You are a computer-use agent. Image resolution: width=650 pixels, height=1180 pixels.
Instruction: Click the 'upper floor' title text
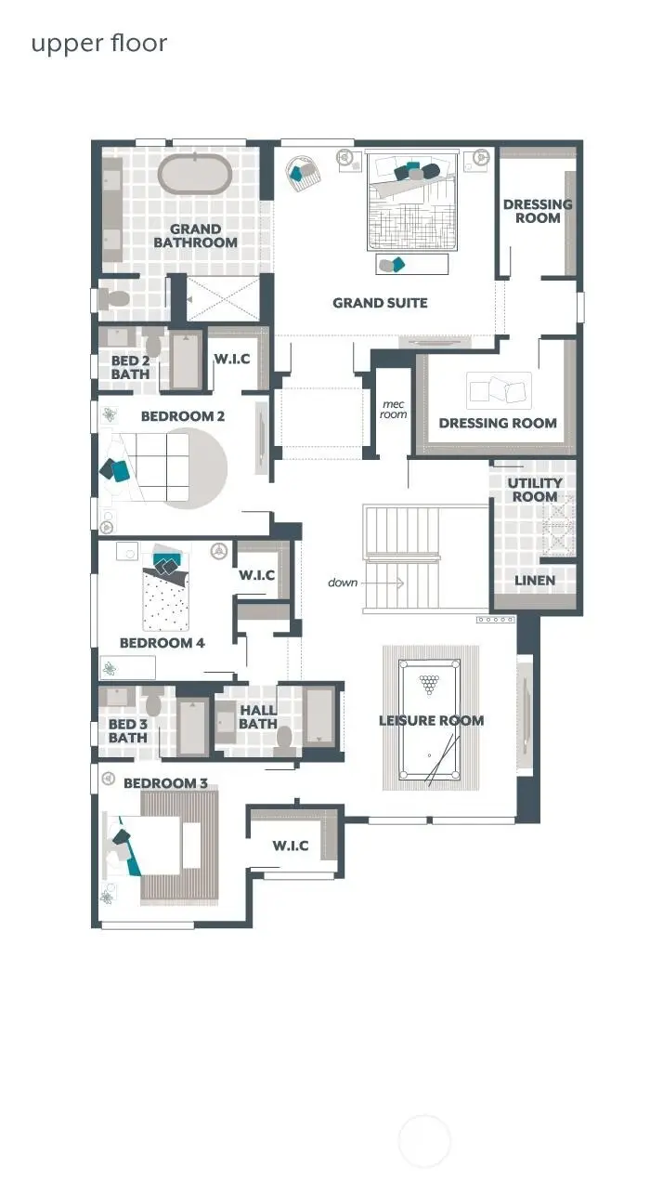99,44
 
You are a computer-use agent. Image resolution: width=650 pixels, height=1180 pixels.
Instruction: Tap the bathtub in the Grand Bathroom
194,175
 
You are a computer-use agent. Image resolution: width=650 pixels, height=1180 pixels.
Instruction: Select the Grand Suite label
380,303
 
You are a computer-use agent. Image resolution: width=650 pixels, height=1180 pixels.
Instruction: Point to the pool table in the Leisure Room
430,722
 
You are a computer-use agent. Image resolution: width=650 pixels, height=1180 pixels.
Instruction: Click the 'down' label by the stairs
343,583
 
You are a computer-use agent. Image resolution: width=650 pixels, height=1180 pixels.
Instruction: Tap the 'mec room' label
394,409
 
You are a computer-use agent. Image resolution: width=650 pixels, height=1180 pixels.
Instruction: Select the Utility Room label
534,490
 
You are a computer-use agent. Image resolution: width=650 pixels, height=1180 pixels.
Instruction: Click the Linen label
534,581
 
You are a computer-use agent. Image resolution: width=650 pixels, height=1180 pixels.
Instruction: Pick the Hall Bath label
257,717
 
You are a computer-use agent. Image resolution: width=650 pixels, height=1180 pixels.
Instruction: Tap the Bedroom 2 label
182,416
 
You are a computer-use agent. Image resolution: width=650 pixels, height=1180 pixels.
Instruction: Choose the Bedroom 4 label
162,643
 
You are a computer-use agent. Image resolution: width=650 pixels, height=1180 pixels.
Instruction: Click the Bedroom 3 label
165,783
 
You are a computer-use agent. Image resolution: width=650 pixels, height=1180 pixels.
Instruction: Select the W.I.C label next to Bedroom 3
290,846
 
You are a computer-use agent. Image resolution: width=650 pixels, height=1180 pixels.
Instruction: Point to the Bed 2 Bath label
130,367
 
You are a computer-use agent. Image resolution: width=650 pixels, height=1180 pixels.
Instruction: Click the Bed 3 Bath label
128,731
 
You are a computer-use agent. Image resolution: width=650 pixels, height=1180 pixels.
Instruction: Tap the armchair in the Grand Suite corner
303,172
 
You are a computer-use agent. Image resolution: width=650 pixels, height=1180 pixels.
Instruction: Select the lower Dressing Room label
498,423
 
